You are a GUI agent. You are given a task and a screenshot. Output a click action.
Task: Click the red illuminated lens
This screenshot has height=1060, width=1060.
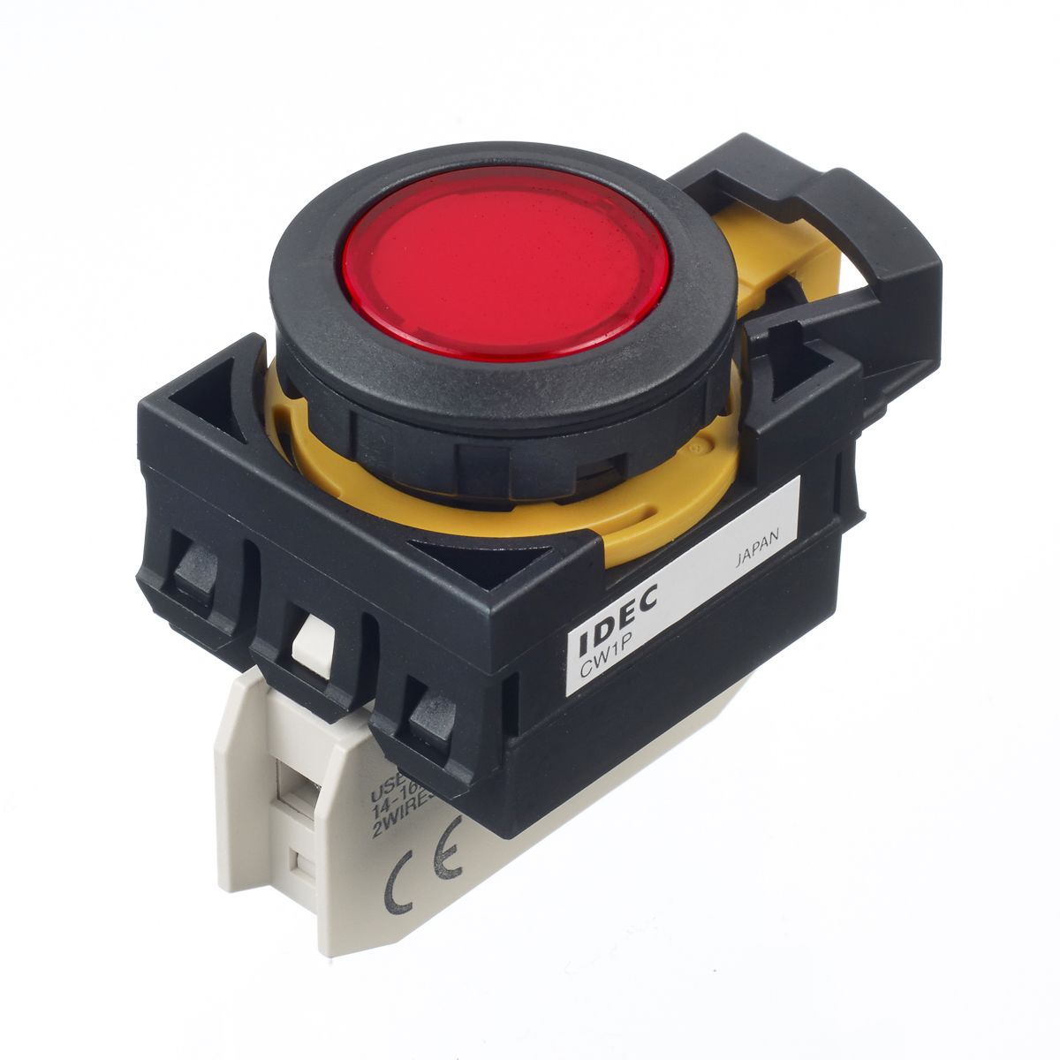click(x=508, y=260)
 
